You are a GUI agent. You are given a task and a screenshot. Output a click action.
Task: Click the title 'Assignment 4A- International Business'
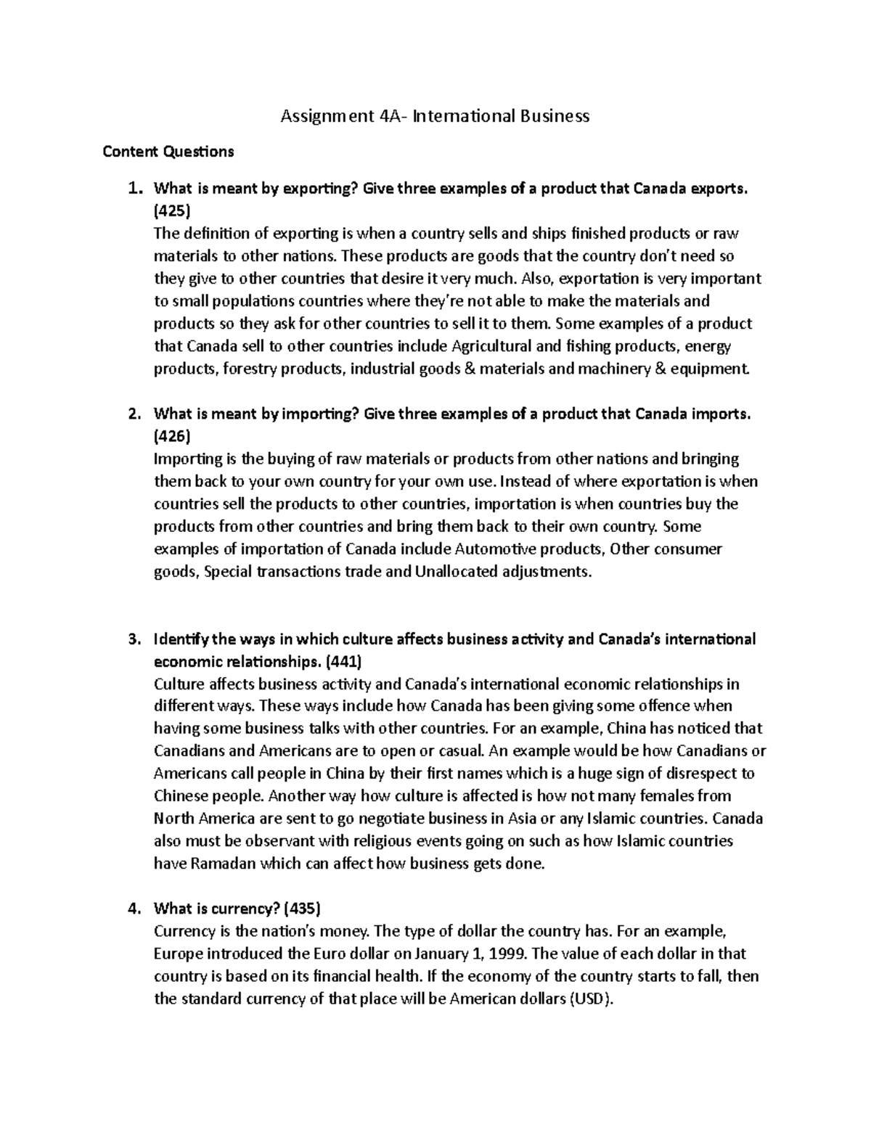pyautogui.click(x=435, y=116)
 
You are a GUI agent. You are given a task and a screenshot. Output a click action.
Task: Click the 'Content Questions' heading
pyautogui.click(x=168, y=152)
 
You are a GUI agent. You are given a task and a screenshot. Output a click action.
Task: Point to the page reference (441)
pyautogui.click(x=342, y=661)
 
